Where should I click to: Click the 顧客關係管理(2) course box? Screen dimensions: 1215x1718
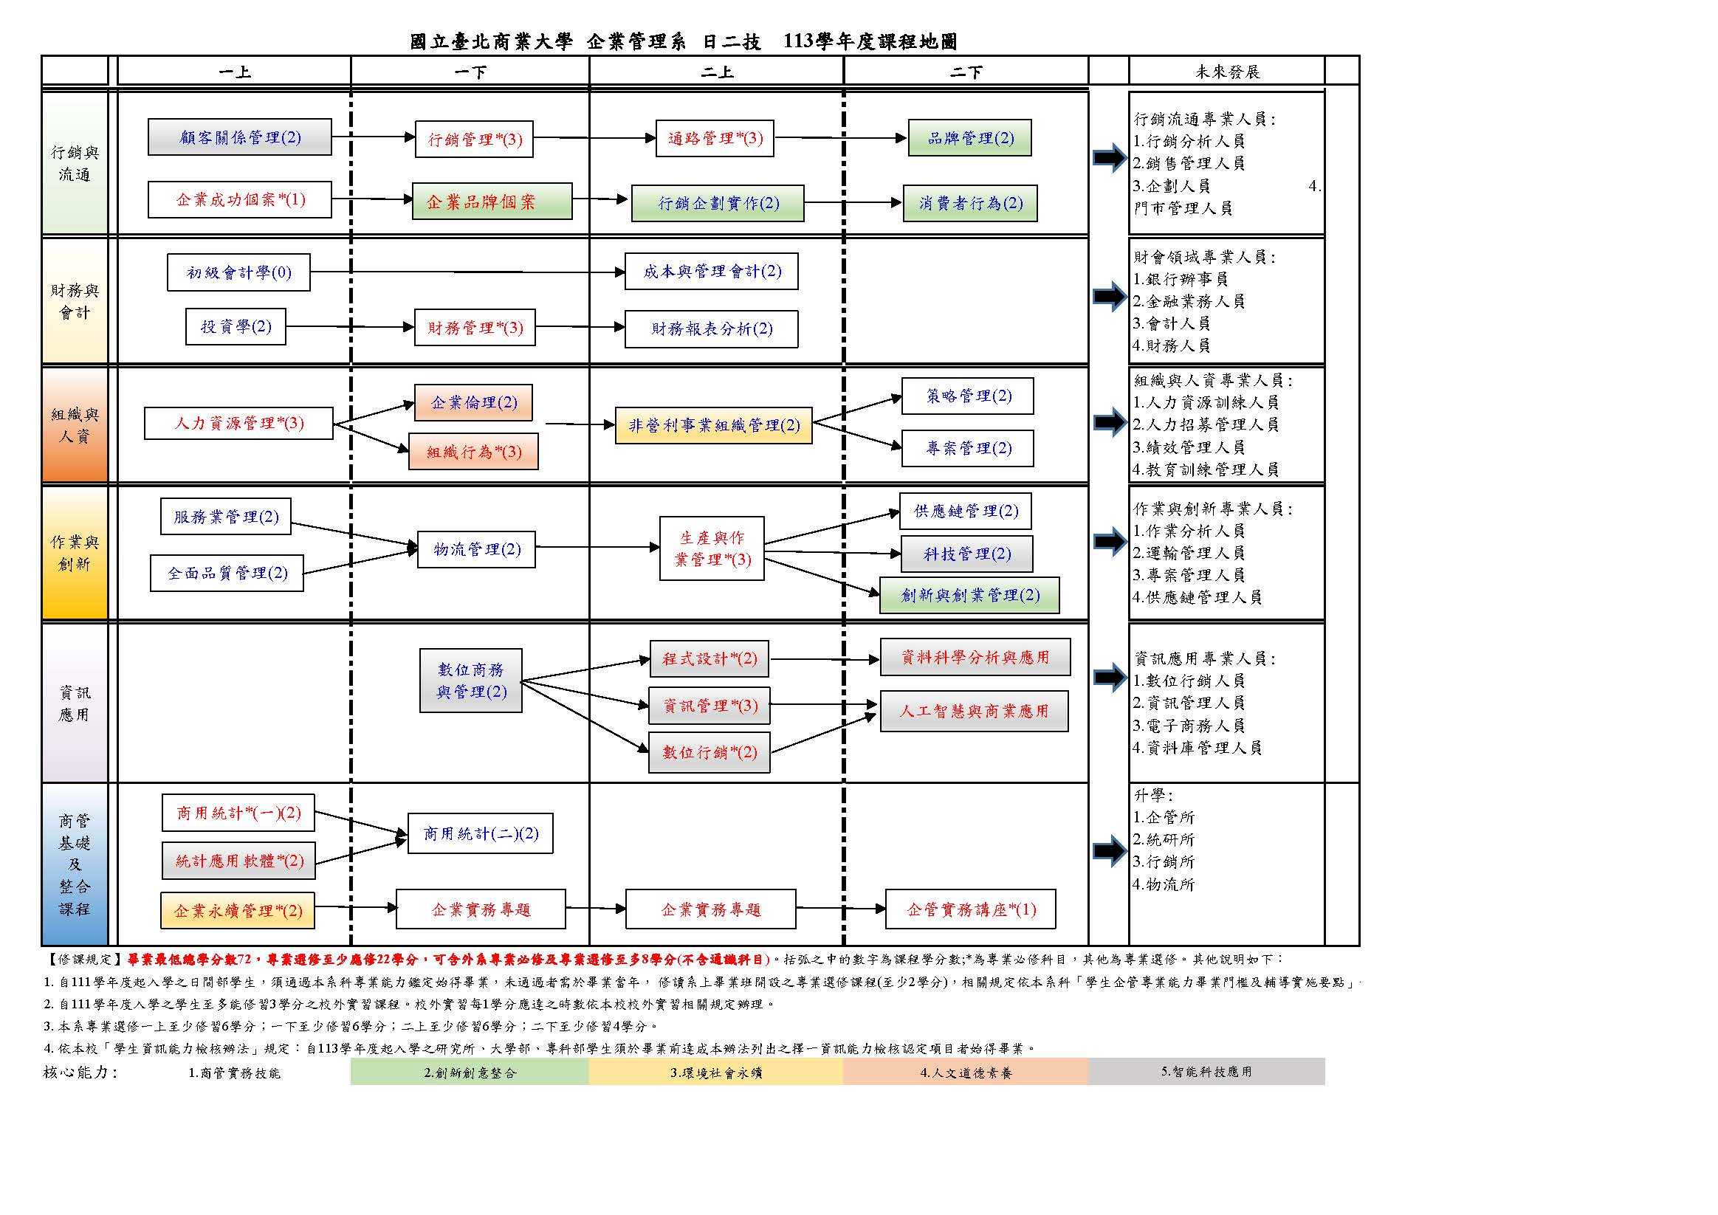point(239,137)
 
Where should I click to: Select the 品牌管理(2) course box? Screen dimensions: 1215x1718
point(969,137)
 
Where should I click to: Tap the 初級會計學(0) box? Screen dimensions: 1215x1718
point(238,272)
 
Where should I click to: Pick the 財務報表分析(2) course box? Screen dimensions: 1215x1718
point(711,328)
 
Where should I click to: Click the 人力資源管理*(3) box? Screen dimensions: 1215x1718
point(238,424)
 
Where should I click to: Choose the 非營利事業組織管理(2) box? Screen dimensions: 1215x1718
point(713,426)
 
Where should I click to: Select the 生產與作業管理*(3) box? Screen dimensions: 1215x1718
point(712,548)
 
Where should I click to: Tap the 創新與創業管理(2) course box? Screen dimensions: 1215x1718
point(969,596)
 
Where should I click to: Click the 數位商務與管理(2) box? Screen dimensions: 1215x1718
point(470,681)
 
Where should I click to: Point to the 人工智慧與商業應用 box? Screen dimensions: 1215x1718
point(974,711)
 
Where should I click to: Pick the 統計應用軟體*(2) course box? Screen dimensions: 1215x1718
point(238,861)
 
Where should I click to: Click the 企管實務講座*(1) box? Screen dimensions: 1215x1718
point(971,909)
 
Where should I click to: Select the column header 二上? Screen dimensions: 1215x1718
point(716,72)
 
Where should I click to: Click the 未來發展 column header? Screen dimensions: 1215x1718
point(1226,72)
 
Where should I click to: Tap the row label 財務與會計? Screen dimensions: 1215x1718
point(75,301)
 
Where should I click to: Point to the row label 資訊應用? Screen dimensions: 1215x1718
point(75,703)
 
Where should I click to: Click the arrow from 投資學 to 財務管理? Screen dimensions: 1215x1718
point(350,327)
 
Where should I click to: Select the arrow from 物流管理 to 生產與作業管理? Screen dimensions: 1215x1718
point(597,548)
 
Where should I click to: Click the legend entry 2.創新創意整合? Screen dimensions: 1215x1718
point(469,1072)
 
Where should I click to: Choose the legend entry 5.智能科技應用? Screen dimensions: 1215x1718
point(1206,1071)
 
